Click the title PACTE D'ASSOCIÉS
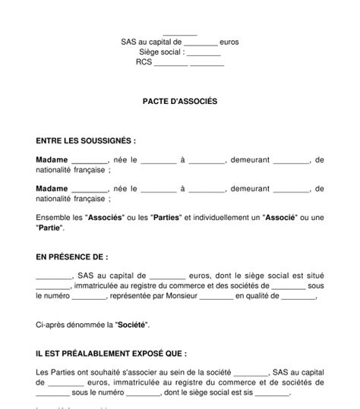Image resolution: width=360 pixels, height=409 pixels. pos(179,100)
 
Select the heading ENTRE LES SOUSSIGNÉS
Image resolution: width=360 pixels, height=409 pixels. pos(86,140)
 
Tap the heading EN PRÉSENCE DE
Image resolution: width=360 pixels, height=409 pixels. pos(72,257)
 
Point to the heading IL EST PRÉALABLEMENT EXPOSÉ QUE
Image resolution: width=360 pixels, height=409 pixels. pos(111,354)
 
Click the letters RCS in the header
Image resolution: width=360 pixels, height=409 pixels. pos(144,63)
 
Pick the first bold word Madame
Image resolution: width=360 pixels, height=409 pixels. pos(52,160)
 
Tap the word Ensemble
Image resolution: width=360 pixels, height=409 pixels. pos(54,217)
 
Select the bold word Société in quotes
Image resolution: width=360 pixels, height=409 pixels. pos(110,325)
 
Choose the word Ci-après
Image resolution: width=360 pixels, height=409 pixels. pos(49,325)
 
